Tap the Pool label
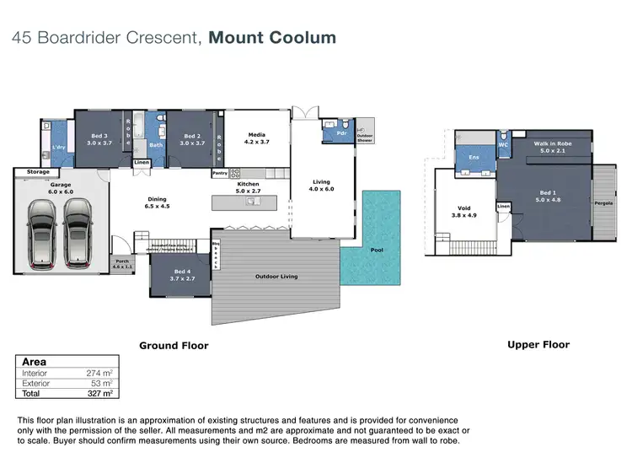click(x=377, y=250)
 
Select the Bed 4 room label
click(x=183, y=272)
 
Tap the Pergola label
click(x=603, y=202)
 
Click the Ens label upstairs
click(x=474, y=157)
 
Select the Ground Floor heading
click(x=174, y=345)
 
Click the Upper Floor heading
click(x=538, y=344)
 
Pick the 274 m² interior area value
click(x=99, y=372)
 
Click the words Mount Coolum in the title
click(x=272, y=37)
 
